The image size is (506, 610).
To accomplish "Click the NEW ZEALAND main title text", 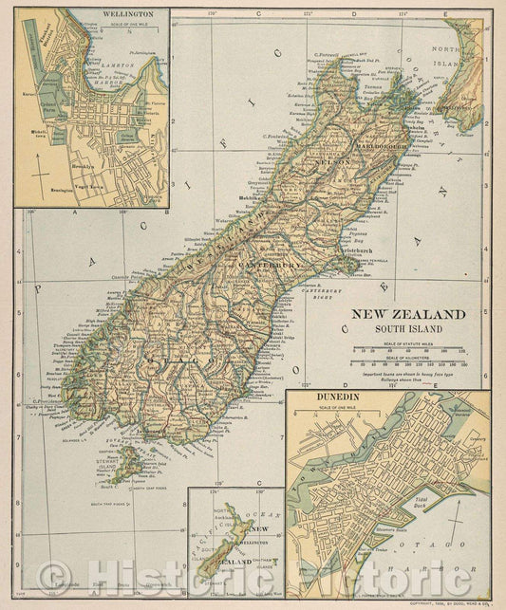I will [409, 314].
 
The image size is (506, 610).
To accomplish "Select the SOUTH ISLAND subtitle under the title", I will [409, 328].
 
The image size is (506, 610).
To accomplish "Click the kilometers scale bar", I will [410, 360].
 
